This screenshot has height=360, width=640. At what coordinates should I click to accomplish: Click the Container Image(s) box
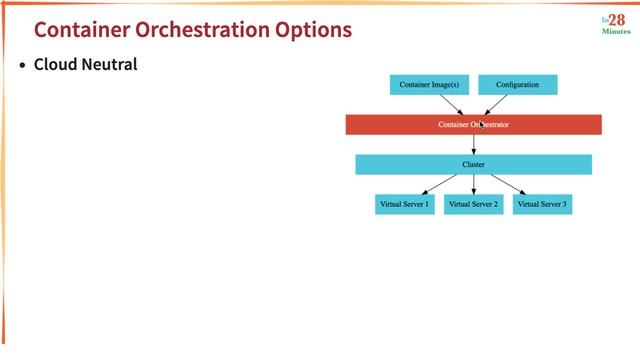click(x=429, y=85)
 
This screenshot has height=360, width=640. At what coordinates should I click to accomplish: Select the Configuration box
click(x=517, y=85)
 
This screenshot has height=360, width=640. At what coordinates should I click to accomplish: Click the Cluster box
click(x=473, y=164)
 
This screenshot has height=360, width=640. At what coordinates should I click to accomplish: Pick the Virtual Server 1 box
click(x=404, y=204)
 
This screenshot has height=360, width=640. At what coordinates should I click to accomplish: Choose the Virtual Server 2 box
click(x=473, y=204)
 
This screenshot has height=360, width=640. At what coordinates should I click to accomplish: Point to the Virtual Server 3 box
click(x=542, y=204)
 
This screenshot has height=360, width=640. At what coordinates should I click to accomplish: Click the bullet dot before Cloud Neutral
click(x=23, y=66)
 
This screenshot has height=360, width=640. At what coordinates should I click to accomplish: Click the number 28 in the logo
click(x=617, y=20)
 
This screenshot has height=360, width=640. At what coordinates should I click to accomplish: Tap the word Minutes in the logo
click(x=616, y=32)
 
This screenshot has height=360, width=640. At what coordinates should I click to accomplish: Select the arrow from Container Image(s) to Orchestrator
click(x=452, y=105)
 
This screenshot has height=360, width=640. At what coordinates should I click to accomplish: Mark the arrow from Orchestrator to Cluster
click(x=474, y=144)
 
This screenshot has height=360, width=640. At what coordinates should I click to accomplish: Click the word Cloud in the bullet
click(x=57, y=65)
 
